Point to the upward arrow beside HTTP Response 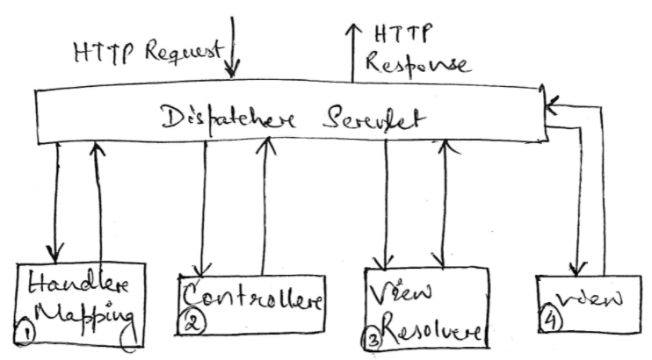(x=352, y=53)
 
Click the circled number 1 (x=28, y=333)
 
